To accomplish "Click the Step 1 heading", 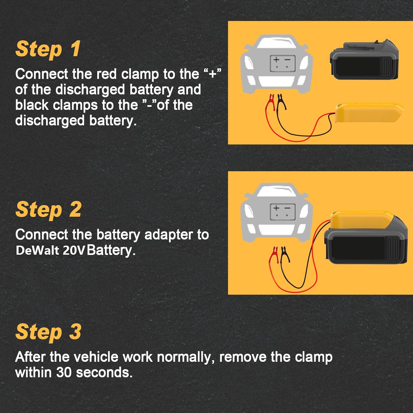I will tap(48, 49).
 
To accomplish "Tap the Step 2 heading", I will tap(48, 210).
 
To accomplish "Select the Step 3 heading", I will tap(48, 332).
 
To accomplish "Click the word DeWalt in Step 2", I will tap(37, 251).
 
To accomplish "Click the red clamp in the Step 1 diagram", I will tap(271, 102).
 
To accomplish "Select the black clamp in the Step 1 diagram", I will tap(281, 101).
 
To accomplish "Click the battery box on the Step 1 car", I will tap(282, 64).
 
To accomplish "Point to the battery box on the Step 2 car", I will tap(282, 212).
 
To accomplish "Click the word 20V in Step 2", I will tap(73, 251).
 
